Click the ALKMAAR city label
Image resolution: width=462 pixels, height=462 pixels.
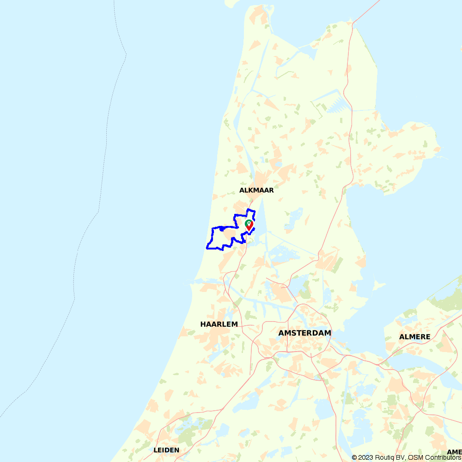256,190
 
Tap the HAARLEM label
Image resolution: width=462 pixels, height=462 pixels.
219,324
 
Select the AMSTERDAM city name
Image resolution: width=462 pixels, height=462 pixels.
304,333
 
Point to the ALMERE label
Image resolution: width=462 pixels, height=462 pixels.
414,337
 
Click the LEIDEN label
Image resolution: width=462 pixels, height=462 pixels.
166,450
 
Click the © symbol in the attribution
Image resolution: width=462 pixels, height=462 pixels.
354,457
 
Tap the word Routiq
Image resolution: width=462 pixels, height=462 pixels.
386,457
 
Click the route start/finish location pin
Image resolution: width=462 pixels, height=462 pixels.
249,225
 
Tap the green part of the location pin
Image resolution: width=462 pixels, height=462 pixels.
248,223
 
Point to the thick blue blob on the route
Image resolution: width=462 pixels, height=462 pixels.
222,228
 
